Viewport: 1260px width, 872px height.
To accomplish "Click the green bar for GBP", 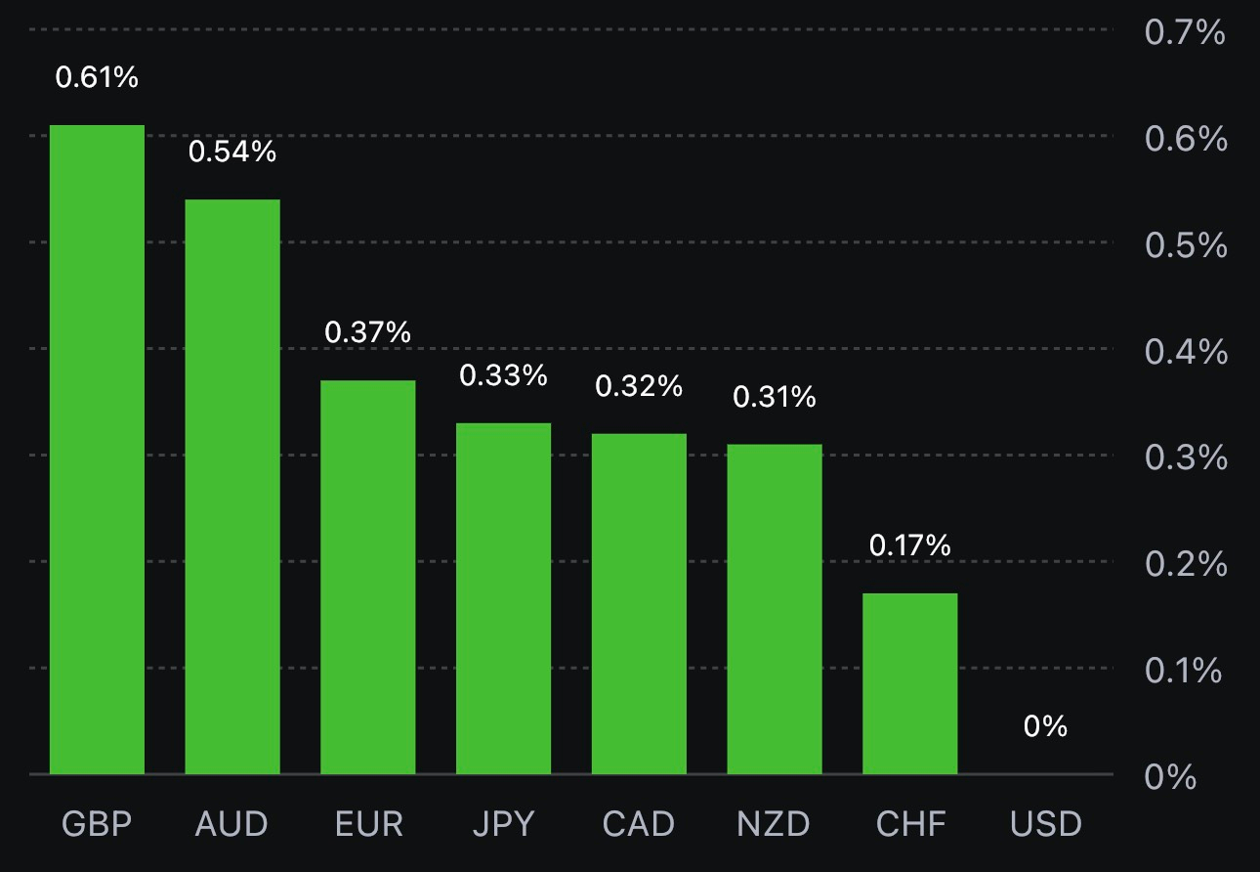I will click(x=97, y=450).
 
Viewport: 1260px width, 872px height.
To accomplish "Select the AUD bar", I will click(x=232, y=487).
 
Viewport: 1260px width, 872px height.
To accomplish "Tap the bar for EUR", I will click(x=368, y=577).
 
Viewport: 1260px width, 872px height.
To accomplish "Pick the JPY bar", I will click(x=503, y=598).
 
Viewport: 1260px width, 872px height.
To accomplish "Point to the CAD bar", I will click(x=639, y=603).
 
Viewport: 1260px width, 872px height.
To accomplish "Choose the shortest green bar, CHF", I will click(x=909, y=683).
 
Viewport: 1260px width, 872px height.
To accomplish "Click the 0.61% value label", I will click(x=97, y=77).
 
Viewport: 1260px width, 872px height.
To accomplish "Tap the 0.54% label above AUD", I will click(x=232, y=152).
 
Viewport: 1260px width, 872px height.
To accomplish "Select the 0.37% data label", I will click(x=368, y=332).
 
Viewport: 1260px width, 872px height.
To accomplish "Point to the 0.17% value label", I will click(x=909, y=545).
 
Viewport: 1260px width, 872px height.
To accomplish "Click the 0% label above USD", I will click(x=1045, y=726).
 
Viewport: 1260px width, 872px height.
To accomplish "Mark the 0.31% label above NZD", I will click(x=774, y=397).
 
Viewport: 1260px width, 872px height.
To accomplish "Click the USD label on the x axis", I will click(x=1046, y=824).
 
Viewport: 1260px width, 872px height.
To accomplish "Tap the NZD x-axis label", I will click(x=774, y=824).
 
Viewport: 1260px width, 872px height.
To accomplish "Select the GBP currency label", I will click(x=97, y=824).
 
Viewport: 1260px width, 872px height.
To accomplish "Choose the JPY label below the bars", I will click(x=503, y=824).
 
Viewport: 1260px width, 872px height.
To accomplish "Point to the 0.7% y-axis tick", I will click(x=1185, y=33).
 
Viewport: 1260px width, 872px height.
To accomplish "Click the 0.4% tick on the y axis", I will click(x=1185, y=352).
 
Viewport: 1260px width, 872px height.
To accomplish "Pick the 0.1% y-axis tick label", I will click(x=1183, y=671).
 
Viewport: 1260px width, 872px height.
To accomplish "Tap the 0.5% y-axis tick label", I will click(x=1185, y=245).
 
